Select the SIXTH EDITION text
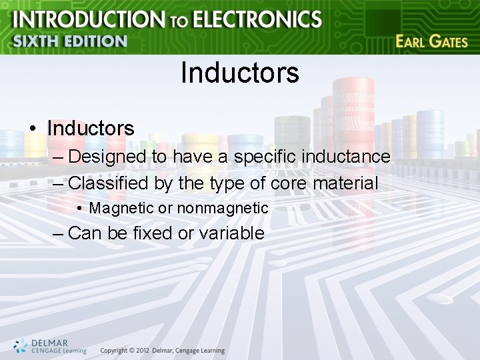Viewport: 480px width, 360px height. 69,41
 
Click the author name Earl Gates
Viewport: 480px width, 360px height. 431,41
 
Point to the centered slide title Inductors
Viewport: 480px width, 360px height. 239,73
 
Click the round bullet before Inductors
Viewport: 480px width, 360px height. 33,128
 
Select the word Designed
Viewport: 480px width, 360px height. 107,157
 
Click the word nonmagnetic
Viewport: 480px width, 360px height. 223,209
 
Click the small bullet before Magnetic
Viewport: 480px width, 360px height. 79,209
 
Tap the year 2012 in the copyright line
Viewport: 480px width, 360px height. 140,351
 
